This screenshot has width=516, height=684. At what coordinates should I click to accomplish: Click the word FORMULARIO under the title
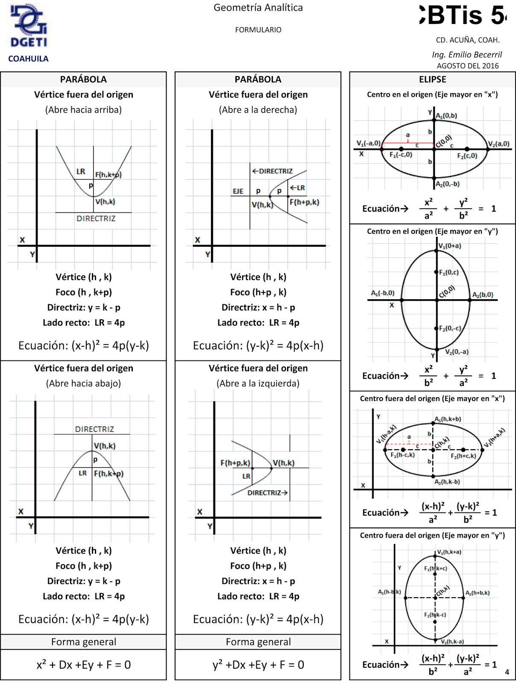258,30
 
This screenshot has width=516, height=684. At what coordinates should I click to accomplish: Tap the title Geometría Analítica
258,8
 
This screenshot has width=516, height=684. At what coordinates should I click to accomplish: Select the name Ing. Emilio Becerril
467,54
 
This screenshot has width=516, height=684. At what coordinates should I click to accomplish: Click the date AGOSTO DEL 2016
468,66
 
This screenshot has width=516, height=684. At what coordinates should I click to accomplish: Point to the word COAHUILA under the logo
28,59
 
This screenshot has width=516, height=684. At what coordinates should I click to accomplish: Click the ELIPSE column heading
432,80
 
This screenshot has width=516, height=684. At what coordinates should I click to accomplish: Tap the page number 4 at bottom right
507,672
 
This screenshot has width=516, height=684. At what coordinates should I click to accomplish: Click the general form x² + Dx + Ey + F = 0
84,665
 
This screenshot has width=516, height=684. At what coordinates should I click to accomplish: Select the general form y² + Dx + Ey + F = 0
258,665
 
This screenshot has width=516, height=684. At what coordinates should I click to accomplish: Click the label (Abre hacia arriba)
83,110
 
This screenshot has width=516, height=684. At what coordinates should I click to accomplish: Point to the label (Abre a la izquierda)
258,383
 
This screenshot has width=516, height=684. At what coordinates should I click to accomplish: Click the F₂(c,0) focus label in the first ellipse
467,156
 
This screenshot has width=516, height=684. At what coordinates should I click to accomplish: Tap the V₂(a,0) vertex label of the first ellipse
498,144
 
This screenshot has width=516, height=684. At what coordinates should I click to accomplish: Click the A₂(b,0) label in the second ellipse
483,295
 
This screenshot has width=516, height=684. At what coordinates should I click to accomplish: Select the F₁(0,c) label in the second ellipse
449,272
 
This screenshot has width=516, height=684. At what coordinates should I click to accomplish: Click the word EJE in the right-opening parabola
238,191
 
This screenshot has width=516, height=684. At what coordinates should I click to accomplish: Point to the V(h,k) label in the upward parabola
105,202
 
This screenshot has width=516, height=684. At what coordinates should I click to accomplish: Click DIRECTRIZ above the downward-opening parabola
94,429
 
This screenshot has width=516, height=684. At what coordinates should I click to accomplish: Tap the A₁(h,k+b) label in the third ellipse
448,419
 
